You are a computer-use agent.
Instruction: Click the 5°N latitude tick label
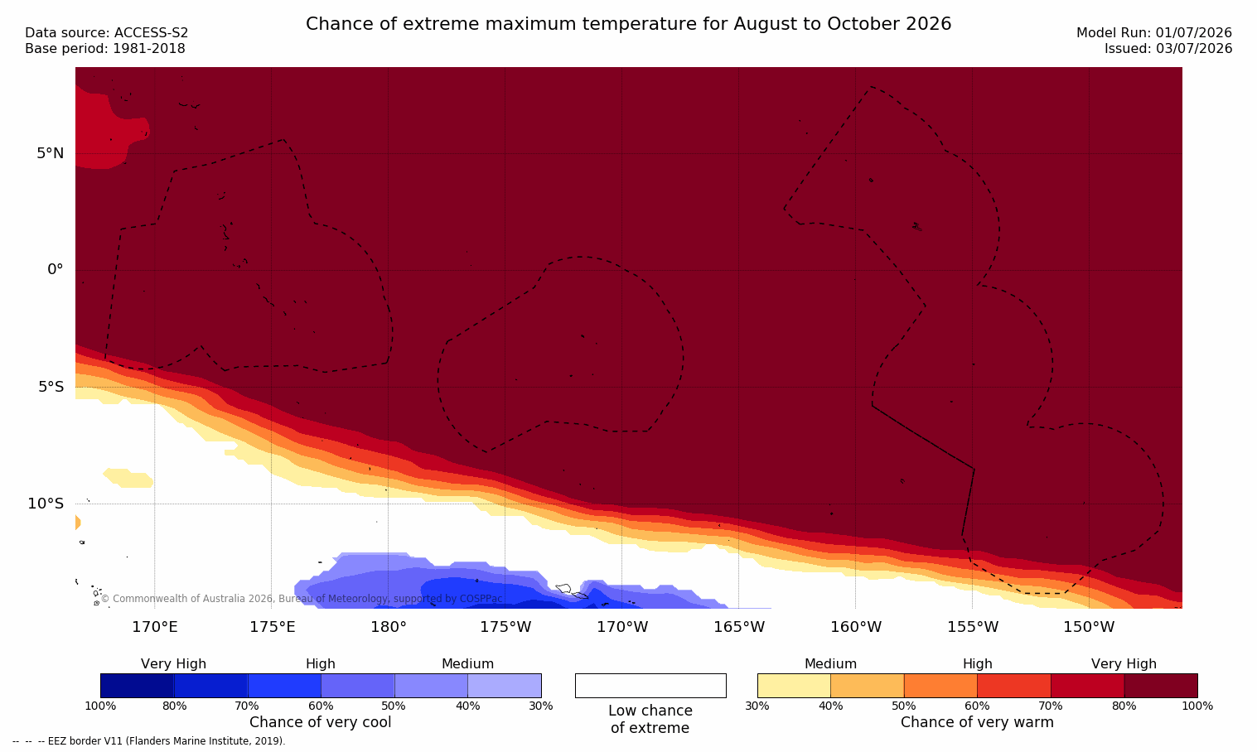[x=51, y=153]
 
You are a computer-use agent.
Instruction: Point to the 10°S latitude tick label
[x=46, y=504]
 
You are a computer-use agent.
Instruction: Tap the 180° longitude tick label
[x=389, y=626]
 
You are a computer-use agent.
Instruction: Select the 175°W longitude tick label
[x=505, y=626]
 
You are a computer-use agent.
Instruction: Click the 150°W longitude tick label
[x=1090, y=626]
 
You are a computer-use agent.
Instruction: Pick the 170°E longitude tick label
[x=155, y=626]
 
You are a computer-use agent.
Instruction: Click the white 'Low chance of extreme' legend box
[x=650, y=685]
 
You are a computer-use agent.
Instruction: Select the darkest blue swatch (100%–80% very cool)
[x=138, y=685]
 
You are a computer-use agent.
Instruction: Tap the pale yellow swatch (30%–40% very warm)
[x=794, y=685]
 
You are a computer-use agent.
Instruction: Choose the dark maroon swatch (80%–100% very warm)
[x=1161, y=685]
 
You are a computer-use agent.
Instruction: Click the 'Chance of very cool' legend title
[x=321, y=722]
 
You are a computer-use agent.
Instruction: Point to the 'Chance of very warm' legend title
[x=977, y=722]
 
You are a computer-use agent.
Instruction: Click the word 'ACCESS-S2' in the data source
[x=151, y=33]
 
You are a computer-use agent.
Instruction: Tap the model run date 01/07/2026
[x=1193, y=33]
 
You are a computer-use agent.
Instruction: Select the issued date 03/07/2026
[x=1193, y=49]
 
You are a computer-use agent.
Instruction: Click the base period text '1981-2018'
[x=148, y=49]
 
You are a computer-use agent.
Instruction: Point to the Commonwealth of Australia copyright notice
[x=302, y=599]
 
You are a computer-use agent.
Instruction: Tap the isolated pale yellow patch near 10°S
[x=128, y=478]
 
